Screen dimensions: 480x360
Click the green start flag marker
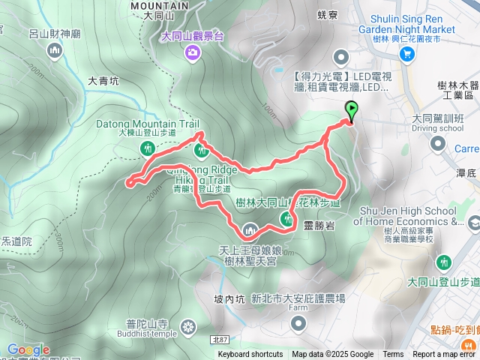coord(351,110)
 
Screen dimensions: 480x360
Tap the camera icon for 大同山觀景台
coord(193,52)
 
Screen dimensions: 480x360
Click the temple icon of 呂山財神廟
coord(54,51)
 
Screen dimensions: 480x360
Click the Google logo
coord(28,350)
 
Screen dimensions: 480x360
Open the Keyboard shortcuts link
coord(250,355)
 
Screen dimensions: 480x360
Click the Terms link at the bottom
coord(393,355)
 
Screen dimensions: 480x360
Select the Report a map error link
coord(445,355)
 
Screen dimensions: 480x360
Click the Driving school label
coord(438,128)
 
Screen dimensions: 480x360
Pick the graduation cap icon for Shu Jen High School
coord(473,223)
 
